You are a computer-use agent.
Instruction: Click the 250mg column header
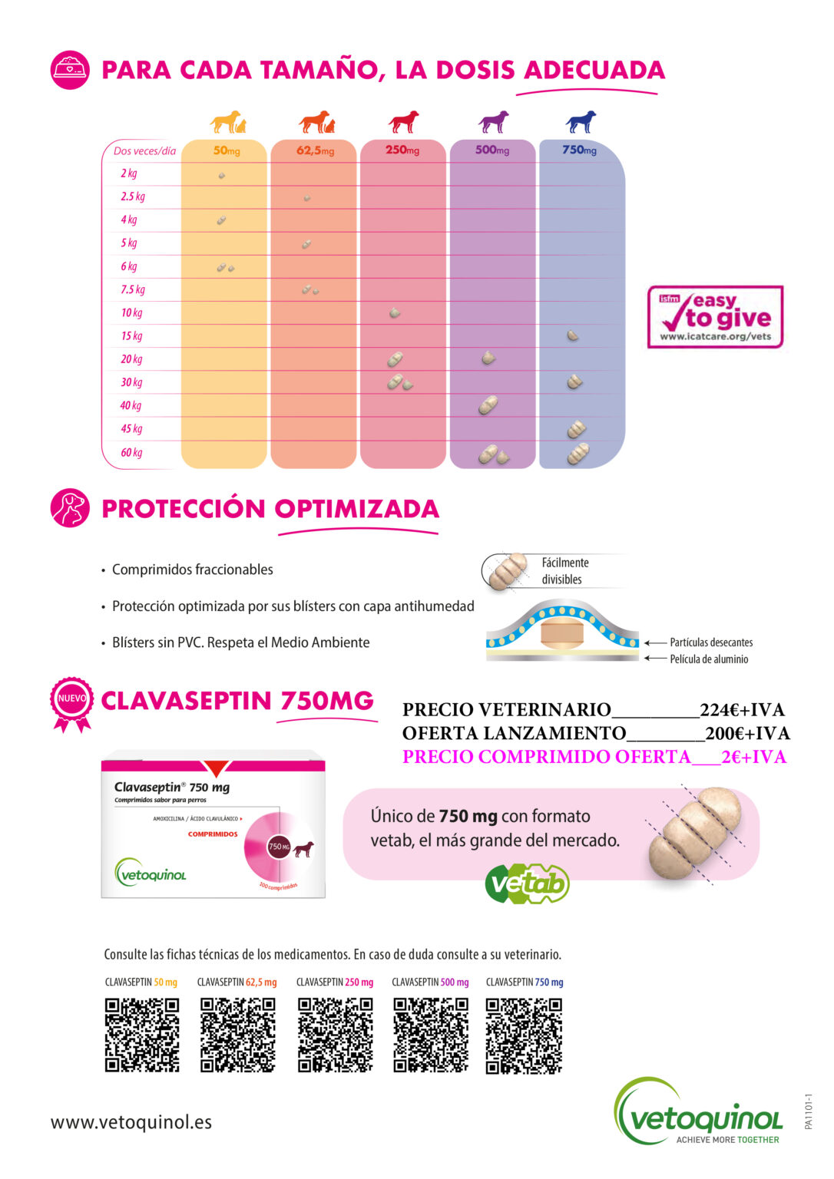(402, 150)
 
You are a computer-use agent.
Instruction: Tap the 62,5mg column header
(315, 150)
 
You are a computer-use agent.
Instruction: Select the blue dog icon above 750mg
(581, 122)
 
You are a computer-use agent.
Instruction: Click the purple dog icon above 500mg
(493, 122)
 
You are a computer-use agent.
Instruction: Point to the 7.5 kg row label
(133, 290)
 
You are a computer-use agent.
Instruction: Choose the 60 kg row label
(131, 453)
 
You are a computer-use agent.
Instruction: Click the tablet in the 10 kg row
(395, 313)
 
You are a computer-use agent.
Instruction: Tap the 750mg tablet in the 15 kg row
(573, 336)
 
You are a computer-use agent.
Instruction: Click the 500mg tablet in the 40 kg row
(488, 405)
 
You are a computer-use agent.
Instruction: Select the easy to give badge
(715, 317)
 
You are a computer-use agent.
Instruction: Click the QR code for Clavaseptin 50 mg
(142, 1035)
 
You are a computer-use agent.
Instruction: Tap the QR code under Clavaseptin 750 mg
(524, 1035)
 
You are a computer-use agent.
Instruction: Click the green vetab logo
(527, 883)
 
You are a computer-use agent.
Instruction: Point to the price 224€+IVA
(742, 710)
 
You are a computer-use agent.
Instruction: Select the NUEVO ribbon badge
(71, 701)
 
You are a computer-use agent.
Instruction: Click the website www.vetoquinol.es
(131, 1122)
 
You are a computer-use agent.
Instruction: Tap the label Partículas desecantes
(711, 642)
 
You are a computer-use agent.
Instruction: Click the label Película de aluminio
(709, 659)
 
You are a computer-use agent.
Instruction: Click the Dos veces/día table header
(144, 151)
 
